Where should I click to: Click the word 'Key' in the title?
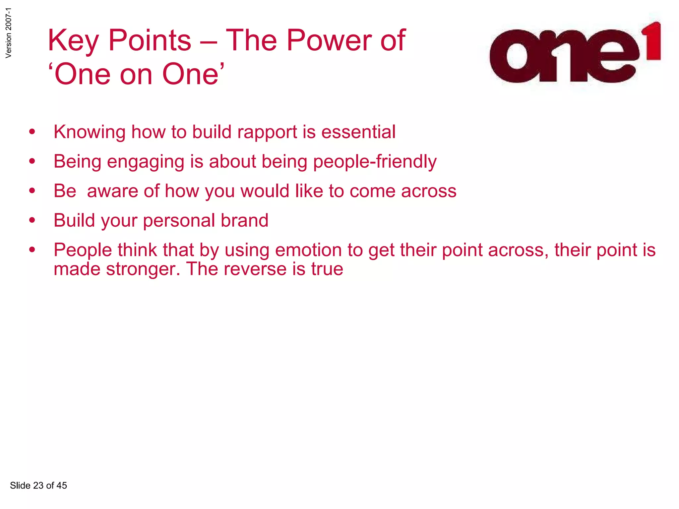click(x=73, y=41)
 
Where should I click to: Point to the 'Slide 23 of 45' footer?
click(x=38, y=485)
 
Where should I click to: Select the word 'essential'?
click(x=358, y=132)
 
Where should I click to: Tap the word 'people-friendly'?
click(x=375, y=162)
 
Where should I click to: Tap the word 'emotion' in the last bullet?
click(x=308, y=250)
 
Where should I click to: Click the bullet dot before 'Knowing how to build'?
click(x=32, y=132)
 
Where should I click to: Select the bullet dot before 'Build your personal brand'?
click(x=32, y=220)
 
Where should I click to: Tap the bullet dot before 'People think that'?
click(x=32, y=250)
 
